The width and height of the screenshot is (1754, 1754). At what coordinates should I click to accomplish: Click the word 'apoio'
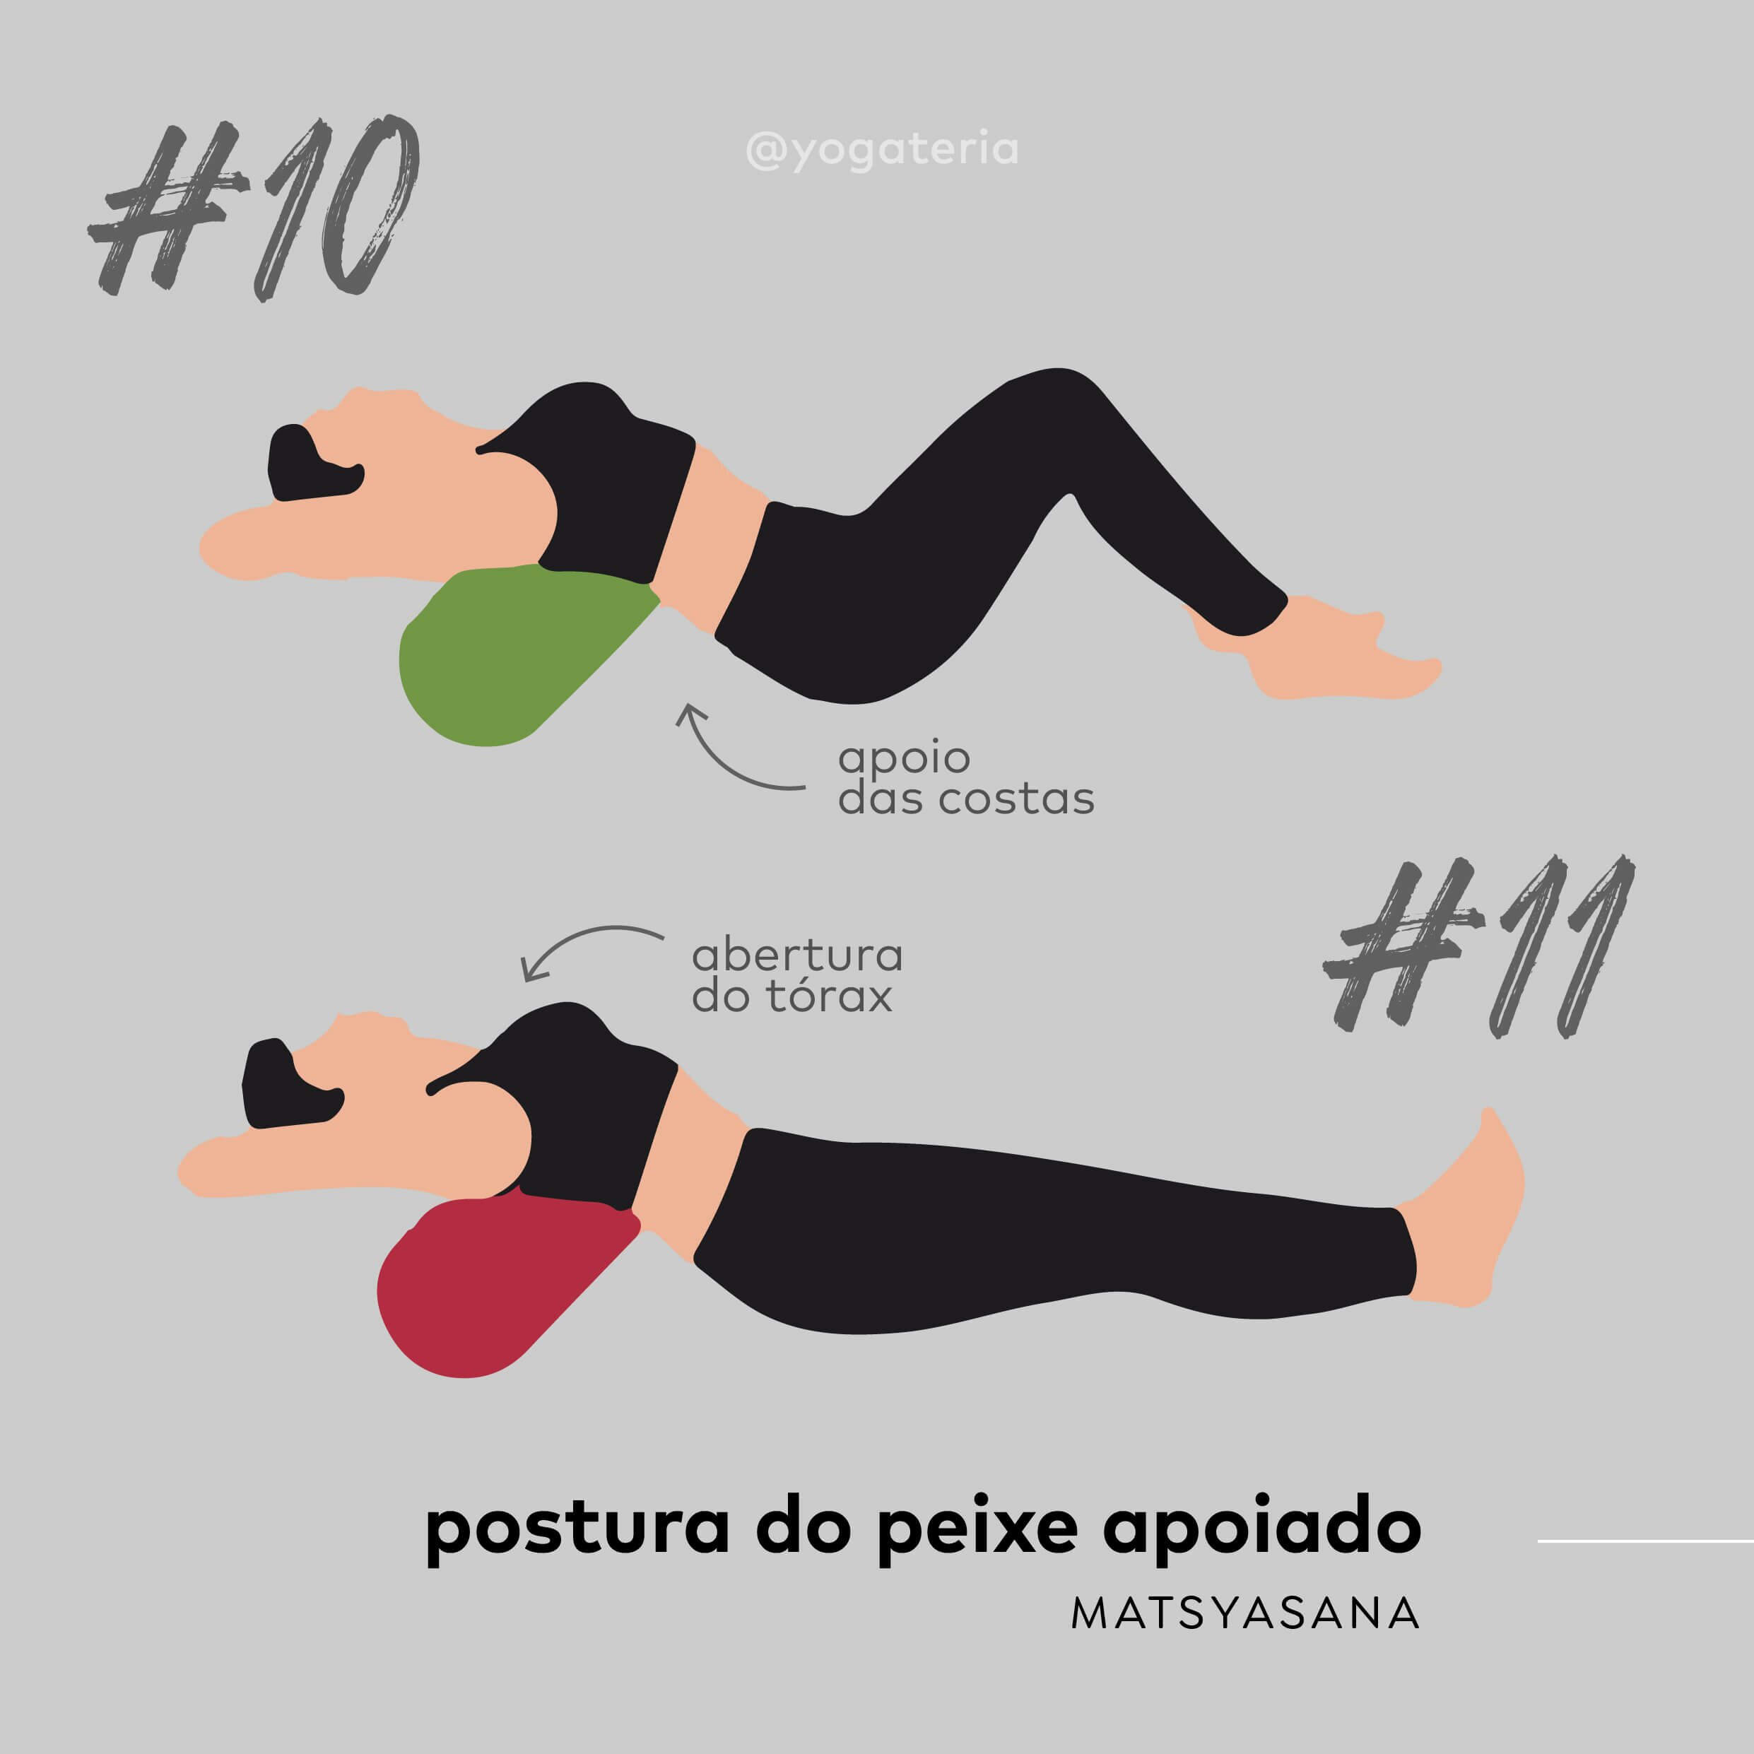tap(905, 758)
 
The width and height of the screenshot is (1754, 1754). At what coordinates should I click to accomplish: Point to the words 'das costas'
tap(966, 799)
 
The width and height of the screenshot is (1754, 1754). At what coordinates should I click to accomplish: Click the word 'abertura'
tap(797, 954)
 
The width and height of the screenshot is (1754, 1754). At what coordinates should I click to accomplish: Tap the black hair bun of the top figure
tap(313, 463)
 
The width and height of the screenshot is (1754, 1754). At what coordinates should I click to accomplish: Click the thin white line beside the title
tap(1645, 1541)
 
